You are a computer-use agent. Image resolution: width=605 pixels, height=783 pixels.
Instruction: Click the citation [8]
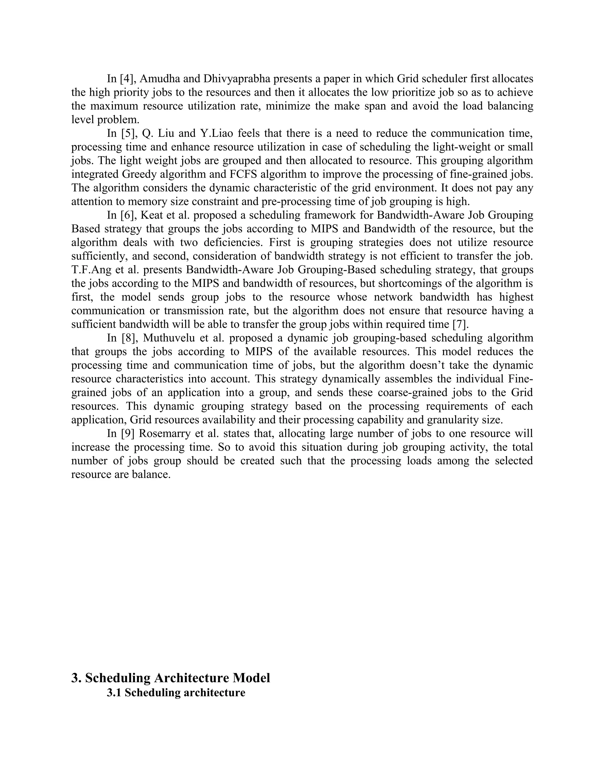tap(129, 338)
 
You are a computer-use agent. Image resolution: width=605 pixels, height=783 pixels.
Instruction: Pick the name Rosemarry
tap(164, 433)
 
